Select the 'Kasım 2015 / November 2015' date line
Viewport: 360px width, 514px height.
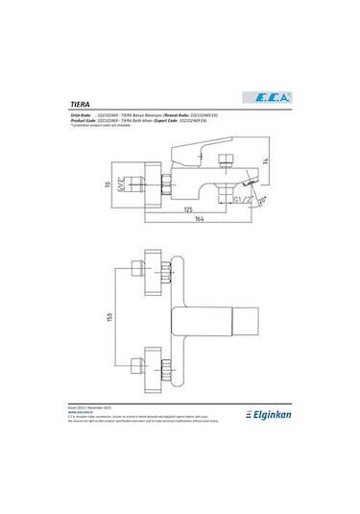pyautogui.click(x=96, y=433)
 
